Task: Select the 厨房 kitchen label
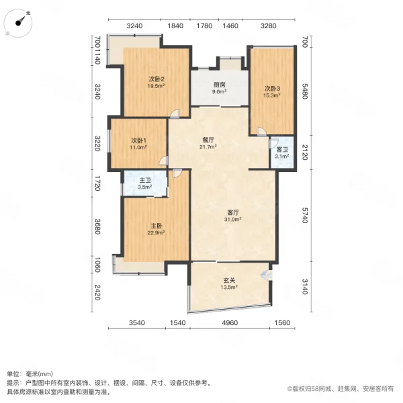pyautogui.click(x=219, y=85)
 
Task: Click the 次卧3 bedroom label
pyautogui.click(x=271, y=89)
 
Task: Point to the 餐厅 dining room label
pyautogui.click(x=208, y=140)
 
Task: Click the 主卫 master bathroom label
pyautogui.click(x=144, y=181)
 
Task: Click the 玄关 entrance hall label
pyautogui.click(x=229, y=282)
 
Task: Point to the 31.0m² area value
pyautogui.click(x=232, y=220)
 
